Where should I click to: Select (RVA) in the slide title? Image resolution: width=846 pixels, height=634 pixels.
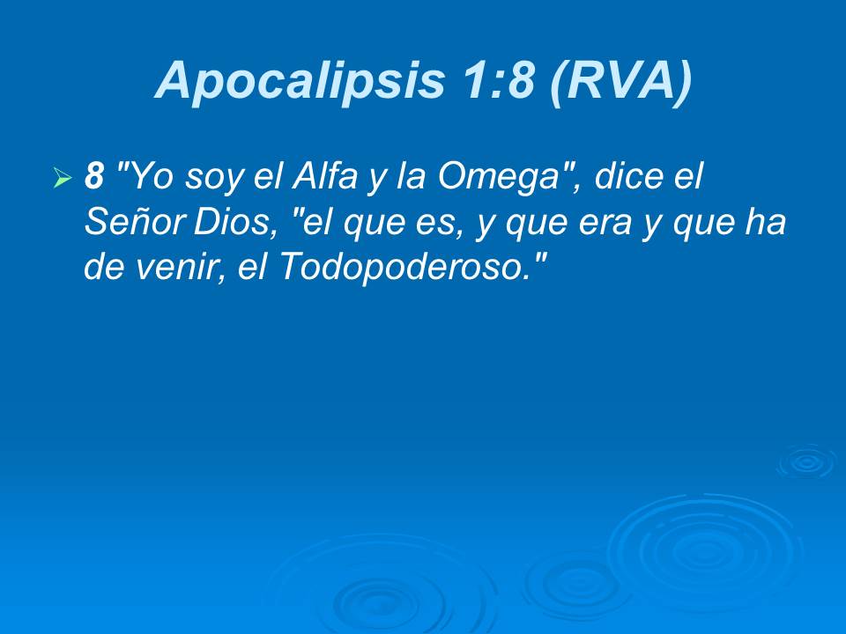620,81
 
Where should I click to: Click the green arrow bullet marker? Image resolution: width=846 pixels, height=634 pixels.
62,180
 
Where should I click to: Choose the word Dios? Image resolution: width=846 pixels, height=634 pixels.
240,224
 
